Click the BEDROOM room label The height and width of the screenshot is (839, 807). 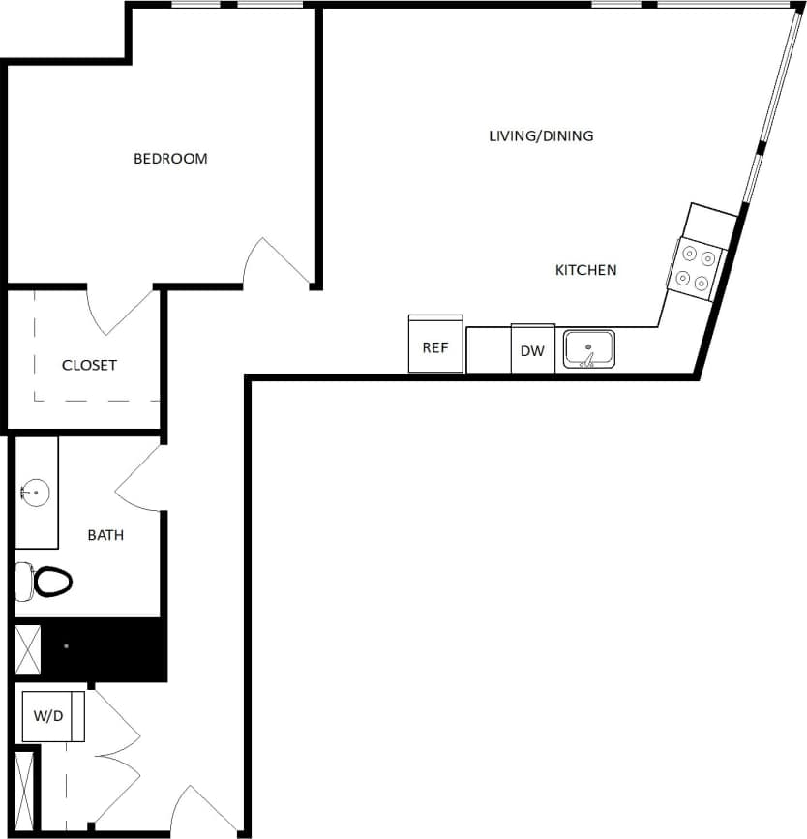click(x=170, y=159)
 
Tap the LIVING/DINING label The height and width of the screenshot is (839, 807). click(x=541, y=135)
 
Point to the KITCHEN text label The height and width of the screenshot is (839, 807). click(x=585, y=270)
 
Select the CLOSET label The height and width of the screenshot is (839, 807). click(x=89, y=365)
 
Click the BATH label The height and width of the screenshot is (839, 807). click(x=105, y=534)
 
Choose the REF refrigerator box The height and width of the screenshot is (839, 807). click(x=435, y=345)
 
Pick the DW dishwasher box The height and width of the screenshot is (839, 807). click(x=532, y=349)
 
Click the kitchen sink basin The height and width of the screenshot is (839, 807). click(x=588, y=348)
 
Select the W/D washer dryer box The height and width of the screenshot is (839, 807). click(x=50, y=717)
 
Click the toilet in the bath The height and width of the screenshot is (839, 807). click(x=48, y=582)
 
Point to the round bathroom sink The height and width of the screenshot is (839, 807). click(x=34, y=494)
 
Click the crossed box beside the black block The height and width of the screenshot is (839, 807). click(x=28, y=650)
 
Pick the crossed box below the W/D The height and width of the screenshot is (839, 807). click(x=25, y=788)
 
